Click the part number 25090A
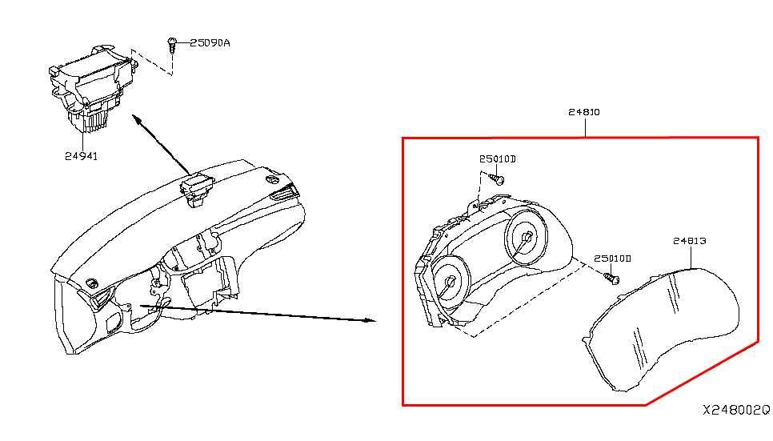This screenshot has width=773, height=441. [x=210, y=43]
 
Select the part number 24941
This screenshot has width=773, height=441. [x=82, y=156]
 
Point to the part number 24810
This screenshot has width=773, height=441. [x=584, y=112]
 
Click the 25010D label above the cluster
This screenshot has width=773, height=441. [x=498, y=158]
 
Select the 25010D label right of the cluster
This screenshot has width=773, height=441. [x=612, y=259]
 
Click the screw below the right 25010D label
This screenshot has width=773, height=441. [x=612, y=279]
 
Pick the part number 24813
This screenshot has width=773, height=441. [x=690, y=241]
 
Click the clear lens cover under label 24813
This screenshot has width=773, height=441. [x=661, y=330]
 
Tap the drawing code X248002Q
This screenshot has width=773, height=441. [x=736, y=410]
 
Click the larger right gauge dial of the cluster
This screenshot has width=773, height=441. [x=526, y=237]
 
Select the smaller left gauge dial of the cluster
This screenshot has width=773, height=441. [x=451, y=283]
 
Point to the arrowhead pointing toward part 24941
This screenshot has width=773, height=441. [x=135, y=119]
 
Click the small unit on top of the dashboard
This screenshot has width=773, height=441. [x=197, y=190]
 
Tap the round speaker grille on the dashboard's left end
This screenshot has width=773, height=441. [x=92, y=283]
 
